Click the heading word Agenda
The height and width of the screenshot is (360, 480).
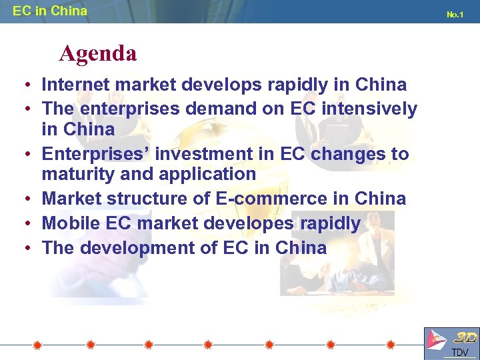tap(97, 53)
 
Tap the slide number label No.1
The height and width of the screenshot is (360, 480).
tap(455, 14)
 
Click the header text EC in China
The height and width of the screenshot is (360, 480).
tap(49, 11)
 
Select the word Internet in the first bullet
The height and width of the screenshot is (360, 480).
tap(74, 85)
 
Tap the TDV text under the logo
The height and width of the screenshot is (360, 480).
tap(460, 353)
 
